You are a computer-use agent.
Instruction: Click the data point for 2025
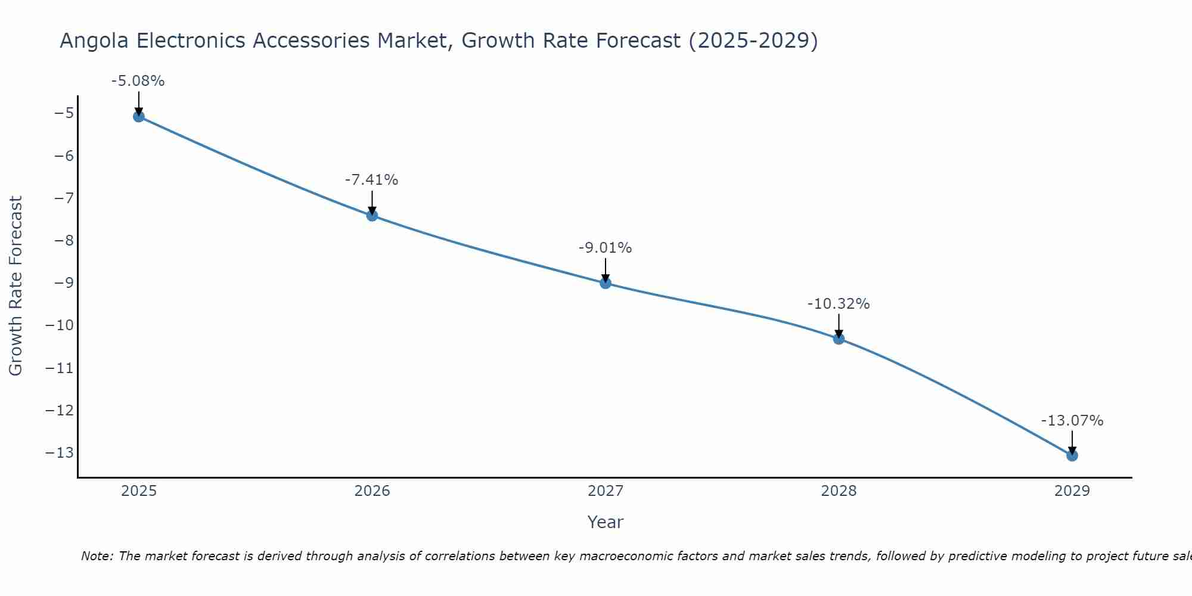(139, 116)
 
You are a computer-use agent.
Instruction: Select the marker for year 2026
(372, 215)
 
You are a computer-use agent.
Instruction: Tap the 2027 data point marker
(606, 283)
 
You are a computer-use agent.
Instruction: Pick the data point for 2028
(839, 339)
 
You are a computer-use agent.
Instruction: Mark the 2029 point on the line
(1072, 455)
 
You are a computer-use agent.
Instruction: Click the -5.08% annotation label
(138, 80)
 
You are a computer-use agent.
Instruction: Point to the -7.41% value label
(371, 179)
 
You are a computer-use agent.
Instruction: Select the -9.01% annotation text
(605, 247)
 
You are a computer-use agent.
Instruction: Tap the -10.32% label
(839, 304)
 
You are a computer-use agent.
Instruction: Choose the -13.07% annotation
(1072, 421)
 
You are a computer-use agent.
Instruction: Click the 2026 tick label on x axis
(372, 491)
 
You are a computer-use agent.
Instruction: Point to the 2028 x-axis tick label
(839, 491)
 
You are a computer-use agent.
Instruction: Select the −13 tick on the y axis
(59, 452)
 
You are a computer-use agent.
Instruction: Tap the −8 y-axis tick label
(63, 240)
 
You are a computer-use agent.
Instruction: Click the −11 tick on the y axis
(59, 368)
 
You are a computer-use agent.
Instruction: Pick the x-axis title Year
(606, 522)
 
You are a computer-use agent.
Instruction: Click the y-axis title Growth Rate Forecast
(16, 285)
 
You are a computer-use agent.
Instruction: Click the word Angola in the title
(95, 41)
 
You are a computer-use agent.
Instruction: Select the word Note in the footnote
(97, 556)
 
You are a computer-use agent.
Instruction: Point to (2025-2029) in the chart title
(753, 41)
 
